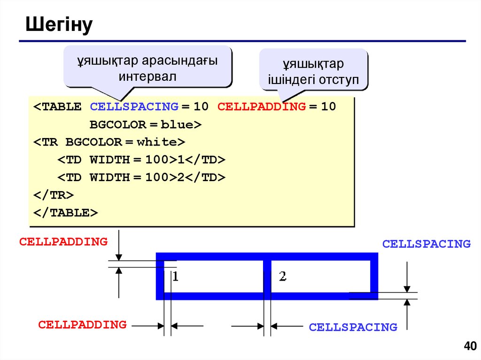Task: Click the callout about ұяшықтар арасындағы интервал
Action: click(147, 69)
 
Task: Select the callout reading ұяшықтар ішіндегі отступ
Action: click(313, 72)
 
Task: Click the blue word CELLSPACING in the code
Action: click(134, 107)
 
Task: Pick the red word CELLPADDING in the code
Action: click(261, 107)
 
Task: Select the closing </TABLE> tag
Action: click(65, 213)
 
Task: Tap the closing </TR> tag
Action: click(53, 195)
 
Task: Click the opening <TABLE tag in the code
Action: click(57, 107)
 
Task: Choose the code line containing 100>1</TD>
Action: click(141, 160)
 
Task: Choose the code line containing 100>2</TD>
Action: click(141, 177)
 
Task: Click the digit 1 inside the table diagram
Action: click(175, 276)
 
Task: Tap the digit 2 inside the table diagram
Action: click(282, 276)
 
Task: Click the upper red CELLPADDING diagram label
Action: click(63, 242)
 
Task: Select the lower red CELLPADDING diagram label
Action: click(82, 324)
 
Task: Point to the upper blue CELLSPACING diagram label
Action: click(426, 244)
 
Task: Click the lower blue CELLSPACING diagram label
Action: click(353, 327)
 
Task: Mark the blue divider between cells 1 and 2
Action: click(267, 277)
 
